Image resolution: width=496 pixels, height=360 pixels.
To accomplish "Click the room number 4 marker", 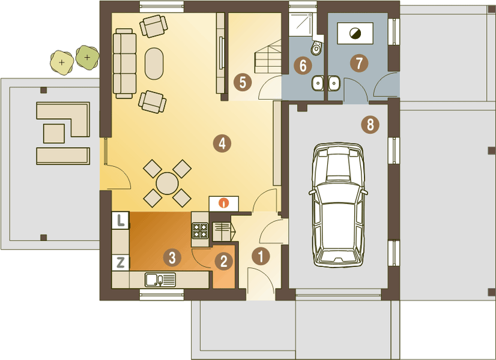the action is pos(222,143).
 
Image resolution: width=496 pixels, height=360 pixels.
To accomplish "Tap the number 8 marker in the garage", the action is pos(370,125).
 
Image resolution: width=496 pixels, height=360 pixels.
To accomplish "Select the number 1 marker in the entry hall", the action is pos(261,256).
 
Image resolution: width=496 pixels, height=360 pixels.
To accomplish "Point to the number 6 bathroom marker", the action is pos(303,66).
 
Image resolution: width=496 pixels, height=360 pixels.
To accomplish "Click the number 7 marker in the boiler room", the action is pos(359,63).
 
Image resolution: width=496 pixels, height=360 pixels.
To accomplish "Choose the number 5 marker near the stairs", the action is pos(243,82).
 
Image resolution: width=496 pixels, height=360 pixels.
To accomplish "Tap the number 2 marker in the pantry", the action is pos(223,261).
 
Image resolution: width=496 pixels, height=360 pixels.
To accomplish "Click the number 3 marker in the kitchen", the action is pos(172,257).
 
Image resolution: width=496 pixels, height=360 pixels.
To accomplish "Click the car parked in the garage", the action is pos(338,205).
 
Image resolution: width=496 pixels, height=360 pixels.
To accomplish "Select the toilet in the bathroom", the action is pos(316,47).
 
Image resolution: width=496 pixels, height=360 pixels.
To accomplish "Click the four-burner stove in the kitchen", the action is pos(200,230).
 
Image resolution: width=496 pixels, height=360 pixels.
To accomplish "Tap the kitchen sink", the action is pos(160,280).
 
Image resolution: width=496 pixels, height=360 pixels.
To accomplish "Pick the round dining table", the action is pos(167,184).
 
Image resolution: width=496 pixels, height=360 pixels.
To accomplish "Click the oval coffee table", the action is pos(154,64).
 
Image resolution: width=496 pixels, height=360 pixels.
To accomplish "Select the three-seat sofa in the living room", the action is pos(124,63).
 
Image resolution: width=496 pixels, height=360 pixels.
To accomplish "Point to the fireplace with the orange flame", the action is pos(224,203).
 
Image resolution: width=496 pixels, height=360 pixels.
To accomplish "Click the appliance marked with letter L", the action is pos(121,220).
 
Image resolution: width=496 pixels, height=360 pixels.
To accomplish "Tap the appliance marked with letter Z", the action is pos(121,263).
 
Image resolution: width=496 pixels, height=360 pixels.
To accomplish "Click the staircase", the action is pos(268,57).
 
